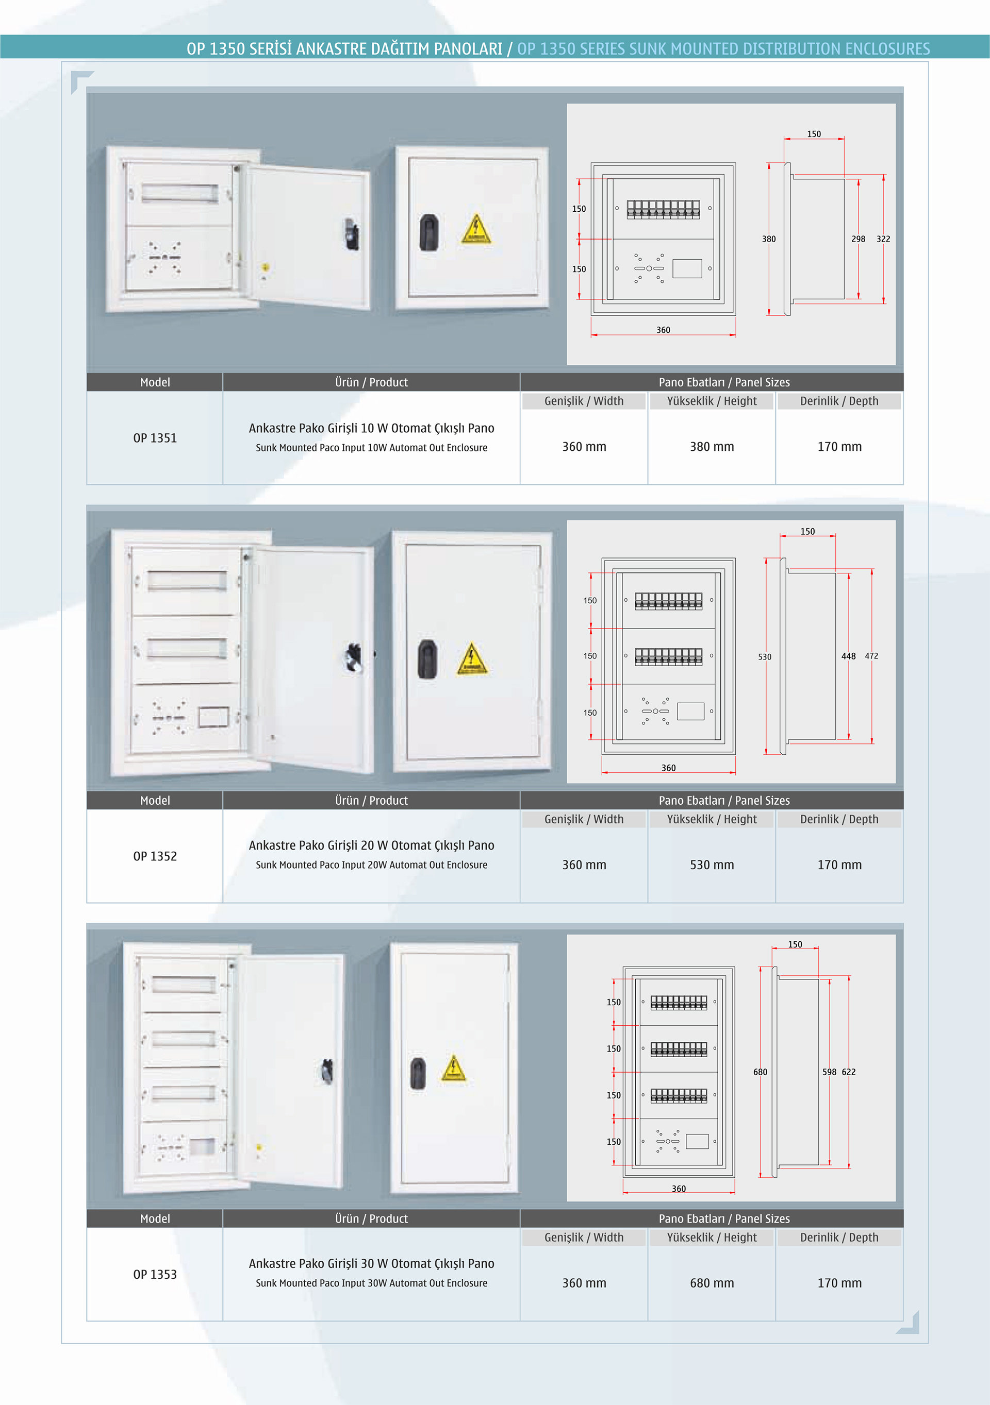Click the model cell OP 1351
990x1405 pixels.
point(155,438)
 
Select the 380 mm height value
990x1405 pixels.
point(712,447)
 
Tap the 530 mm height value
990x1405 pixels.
point(712,865)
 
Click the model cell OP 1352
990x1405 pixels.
point(155,856)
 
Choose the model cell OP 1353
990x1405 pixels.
point(155,1274)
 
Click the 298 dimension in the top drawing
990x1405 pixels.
point(859,239)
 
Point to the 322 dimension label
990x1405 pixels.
point(883,239)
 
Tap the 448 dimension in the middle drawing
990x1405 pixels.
point(849,656)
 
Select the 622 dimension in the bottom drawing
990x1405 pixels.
point(849,1072)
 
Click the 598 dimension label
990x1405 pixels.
point(829,1072)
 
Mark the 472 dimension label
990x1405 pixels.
point(871,656)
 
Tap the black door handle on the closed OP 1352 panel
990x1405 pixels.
point(427,659)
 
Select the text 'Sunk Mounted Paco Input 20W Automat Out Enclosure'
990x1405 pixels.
point(372,865)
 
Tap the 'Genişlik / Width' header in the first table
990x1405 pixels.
point(584,401)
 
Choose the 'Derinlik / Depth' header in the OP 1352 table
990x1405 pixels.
point(839,819)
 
